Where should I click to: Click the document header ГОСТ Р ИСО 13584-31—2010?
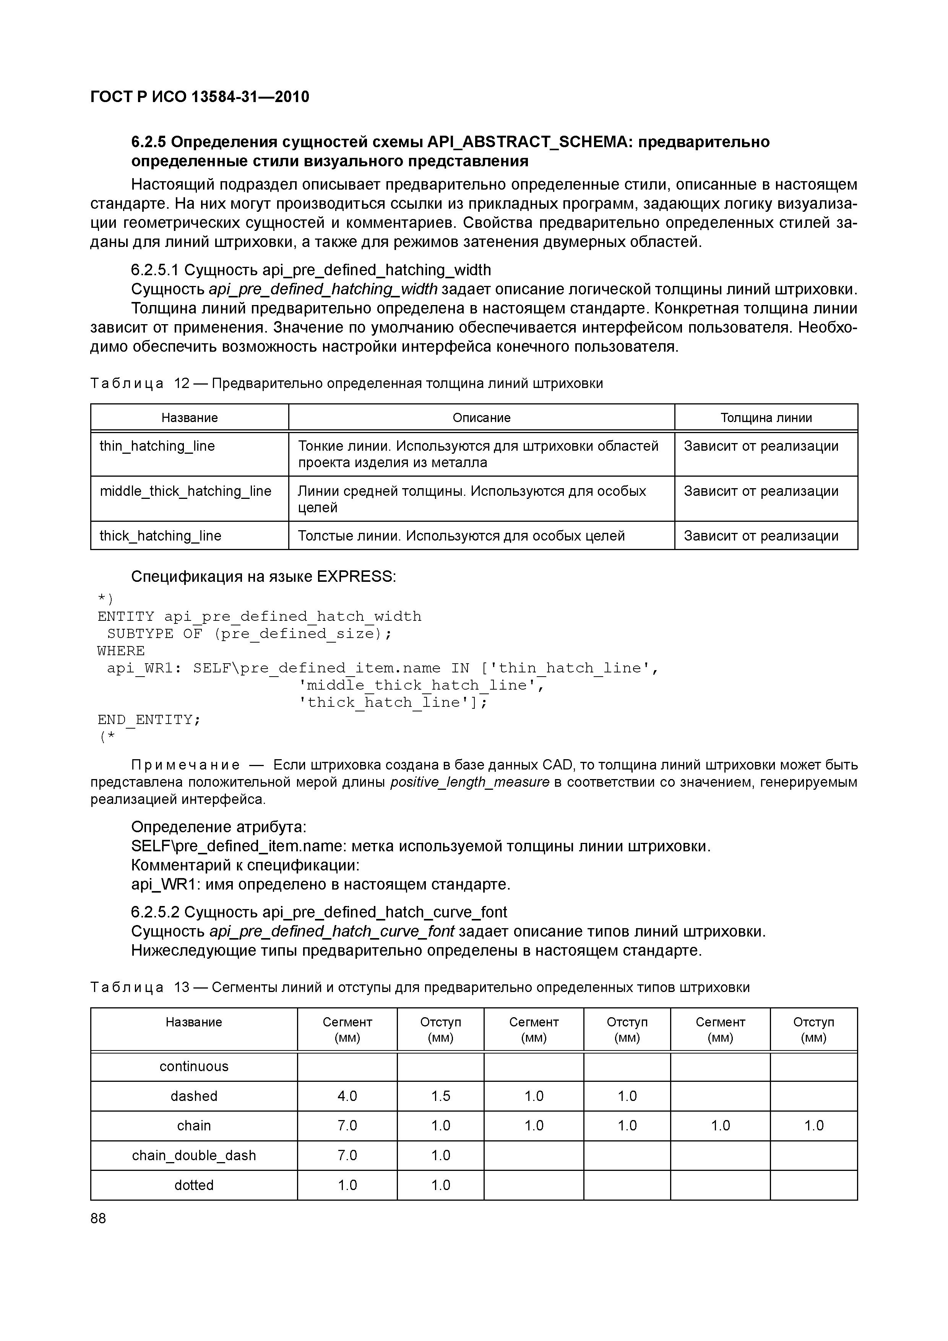tap(200, 96)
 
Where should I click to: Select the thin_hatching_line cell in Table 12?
tap(157, 446)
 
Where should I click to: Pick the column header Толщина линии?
tap(766, 417)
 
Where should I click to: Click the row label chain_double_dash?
tap(194, 1155)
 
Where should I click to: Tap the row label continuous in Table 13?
tap(194, 1067)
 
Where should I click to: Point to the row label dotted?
tap(194, 1185)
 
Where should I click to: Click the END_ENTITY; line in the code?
tap(149, 719)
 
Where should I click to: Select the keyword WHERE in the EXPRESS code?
tap(121, 651)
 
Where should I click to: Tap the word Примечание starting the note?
tap(186, 765)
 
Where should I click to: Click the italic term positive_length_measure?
tap(470, 782)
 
